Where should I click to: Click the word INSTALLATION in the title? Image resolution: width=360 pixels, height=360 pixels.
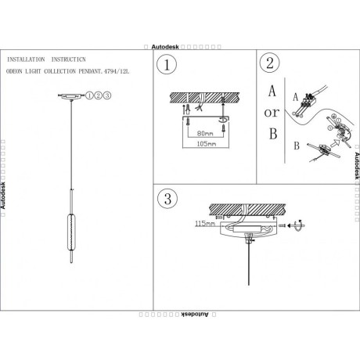(x=24, y=59)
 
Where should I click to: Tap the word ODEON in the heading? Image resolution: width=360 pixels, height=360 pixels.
(x=17, y=72)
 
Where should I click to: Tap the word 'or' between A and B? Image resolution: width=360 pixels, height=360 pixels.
(x=272, y=112)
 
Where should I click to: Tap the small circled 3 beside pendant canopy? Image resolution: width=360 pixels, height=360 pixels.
(x=107, y=95)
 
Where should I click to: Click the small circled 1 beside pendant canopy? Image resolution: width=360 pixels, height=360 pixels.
(x=92, y=95)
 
